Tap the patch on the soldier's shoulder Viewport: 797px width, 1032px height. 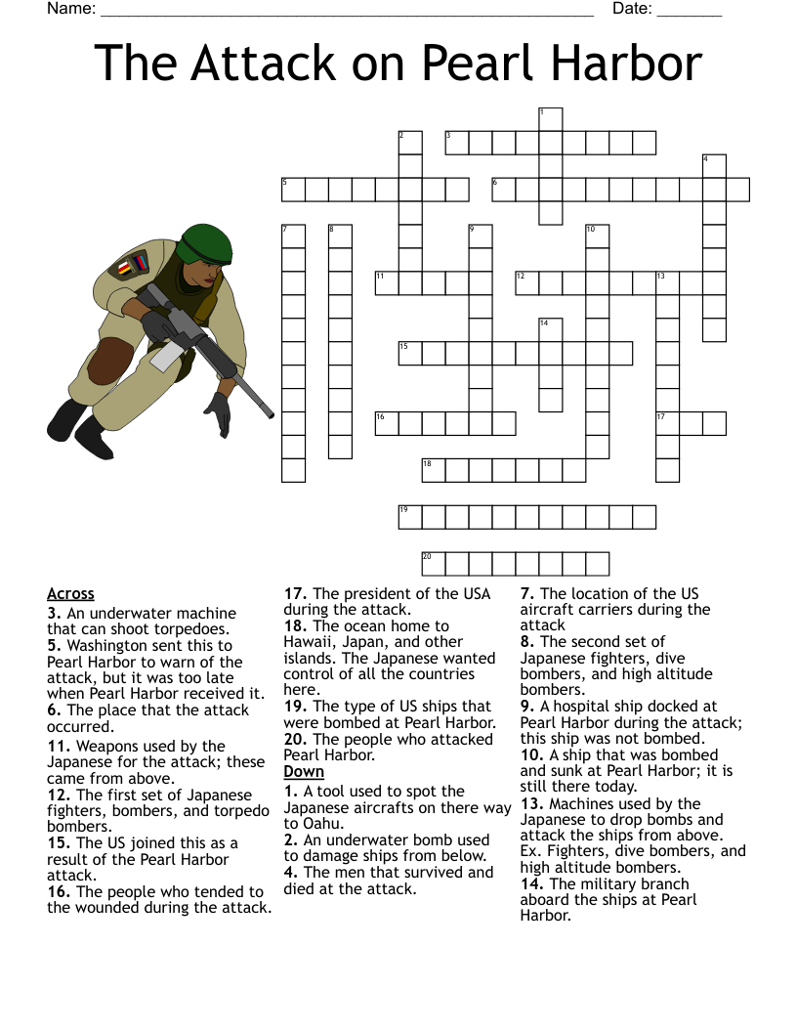point(130,264)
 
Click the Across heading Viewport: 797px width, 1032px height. point(70,594)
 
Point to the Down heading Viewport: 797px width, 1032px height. point(304,772)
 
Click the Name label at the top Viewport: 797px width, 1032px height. point(71,10)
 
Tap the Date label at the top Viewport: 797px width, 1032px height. point(632,10)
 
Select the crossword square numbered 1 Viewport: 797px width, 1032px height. point(551,119)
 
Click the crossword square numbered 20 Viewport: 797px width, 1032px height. point(434,564)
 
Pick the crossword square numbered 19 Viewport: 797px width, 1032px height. point(410,517)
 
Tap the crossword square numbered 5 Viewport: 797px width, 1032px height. point(293,189)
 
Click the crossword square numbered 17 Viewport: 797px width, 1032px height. point(668,423)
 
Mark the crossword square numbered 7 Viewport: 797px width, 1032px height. point(293,236)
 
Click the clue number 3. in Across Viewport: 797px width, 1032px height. point(54,614)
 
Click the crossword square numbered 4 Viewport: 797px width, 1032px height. point(714,165)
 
